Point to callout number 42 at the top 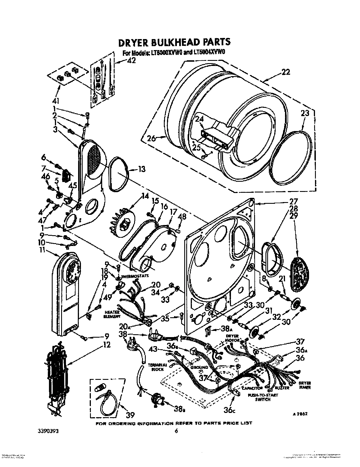131,61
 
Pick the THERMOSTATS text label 135,276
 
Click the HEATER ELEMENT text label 112,314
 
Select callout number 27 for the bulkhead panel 293,202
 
